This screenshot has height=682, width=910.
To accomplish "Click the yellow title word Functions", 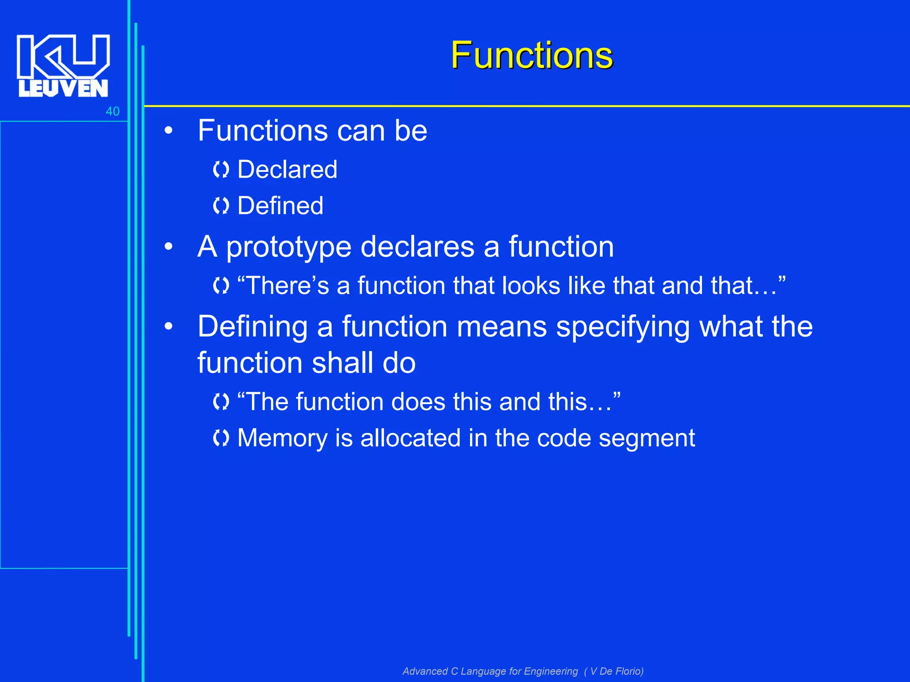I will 531,56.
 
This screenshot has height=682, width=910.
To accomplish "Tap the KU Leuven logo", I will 63,65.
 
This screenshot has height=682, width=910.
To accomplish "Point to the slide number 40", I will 112,111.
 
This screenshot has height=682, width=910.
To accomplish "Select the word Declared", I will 287,170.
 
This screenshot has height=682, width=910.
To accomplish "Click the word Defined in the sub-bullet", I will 280,206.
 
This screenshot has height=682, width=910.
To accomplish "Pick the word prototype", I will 289,248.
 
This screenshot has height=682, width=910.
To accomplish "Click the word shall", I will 342,363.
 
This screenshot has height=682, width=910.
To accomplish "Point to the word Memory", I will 282,439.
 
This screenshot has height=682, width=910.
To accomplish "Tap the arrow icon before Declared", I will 221,170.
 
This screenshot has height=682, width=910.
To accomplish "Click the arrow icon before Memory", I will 221,438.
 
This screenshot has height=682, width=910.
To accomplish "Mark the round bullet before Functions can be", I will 168,131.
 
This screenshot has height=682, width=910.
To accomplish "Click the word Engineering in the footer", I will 550,671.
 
